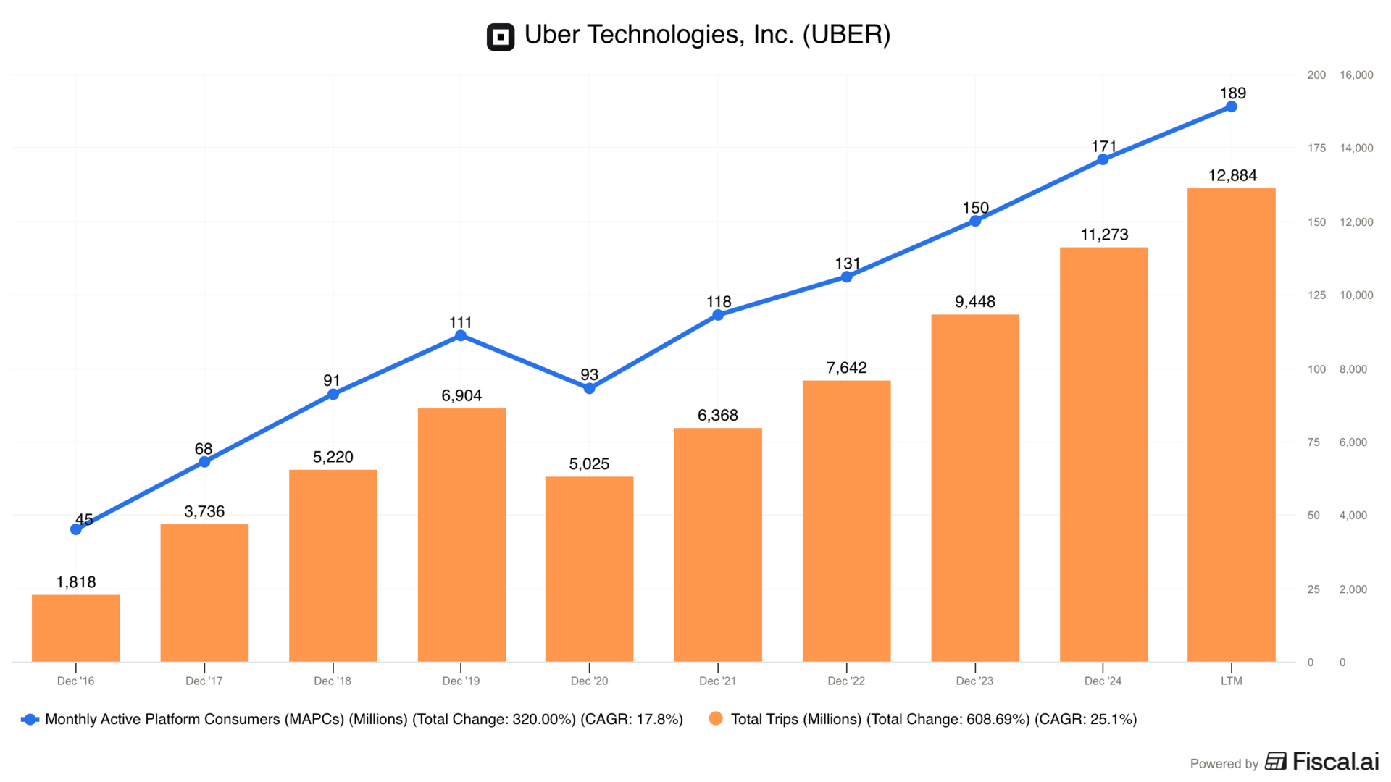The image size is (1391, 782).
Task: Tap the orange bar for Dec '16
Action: point(76,628)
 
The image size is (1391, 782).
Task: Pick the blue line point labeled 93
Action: point(589,388)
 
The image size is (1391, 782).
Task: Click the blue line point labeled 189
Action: point(1231,106)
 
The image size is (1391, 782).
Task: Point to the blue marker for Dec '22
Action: point(846,277)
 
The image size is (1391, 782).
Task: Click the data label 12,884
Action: point(1232,175)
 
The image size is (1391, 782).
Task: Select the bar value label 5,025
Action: point(589,463)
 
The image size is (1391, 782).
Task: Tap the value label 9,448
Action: point(975,301)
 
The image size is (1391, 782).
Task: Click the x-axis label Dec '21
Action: point(717,681)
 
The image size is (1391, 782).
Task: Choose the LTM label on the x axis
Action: point(1231,681)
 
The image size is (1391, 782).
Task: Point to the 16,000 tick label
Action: point(1356,75)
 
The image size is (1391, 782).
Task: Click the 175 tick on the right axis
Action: point(1316,148)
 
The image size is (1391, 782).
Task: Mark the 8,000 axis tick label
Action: point(1353,369)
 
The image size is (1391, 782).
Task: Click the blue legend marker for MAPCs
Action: point(30,719)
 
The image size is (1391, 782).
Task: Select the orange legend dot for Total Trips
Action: point(716,718)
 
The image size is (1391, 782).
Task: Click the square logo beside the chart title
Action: point(501,36)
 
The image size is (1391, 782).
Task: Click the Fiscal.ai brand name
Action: point(1335,761)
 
